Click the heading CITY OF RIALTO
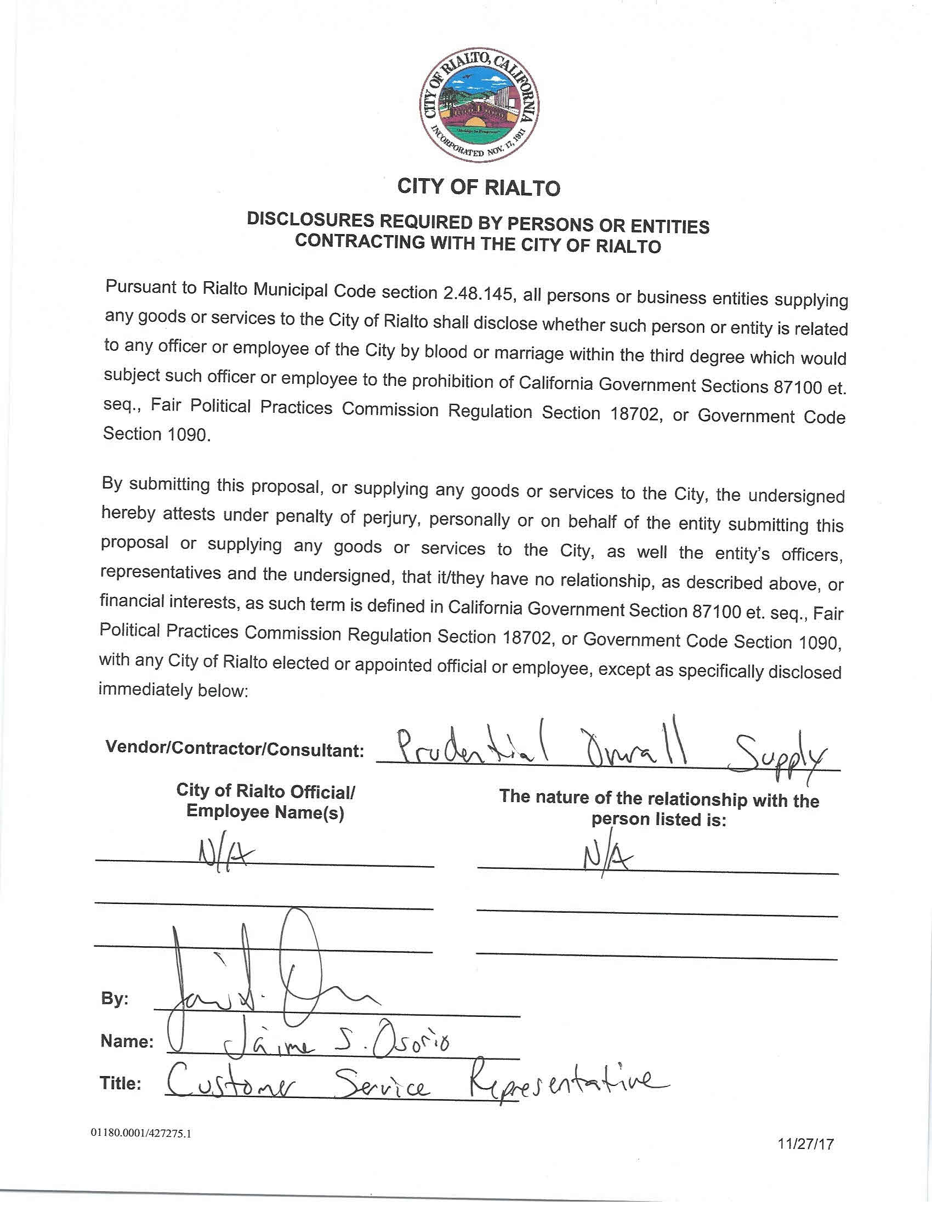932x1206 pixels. [x=479, y=187]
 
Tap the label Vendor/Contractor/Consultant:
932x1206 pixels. [x=235, y=749]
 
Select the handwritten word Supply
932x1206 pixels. [x=778, y=759]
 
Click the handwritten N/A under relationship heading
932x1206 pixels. [x=608, y=856]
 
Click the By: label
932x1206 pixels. [x=115, y=998]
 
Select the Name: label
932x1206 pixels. [x=127, y=1041]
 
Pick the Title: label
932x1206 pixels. [x=121, y=1083]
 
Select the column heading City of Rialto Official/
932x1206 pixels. [x=265, y=791]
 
